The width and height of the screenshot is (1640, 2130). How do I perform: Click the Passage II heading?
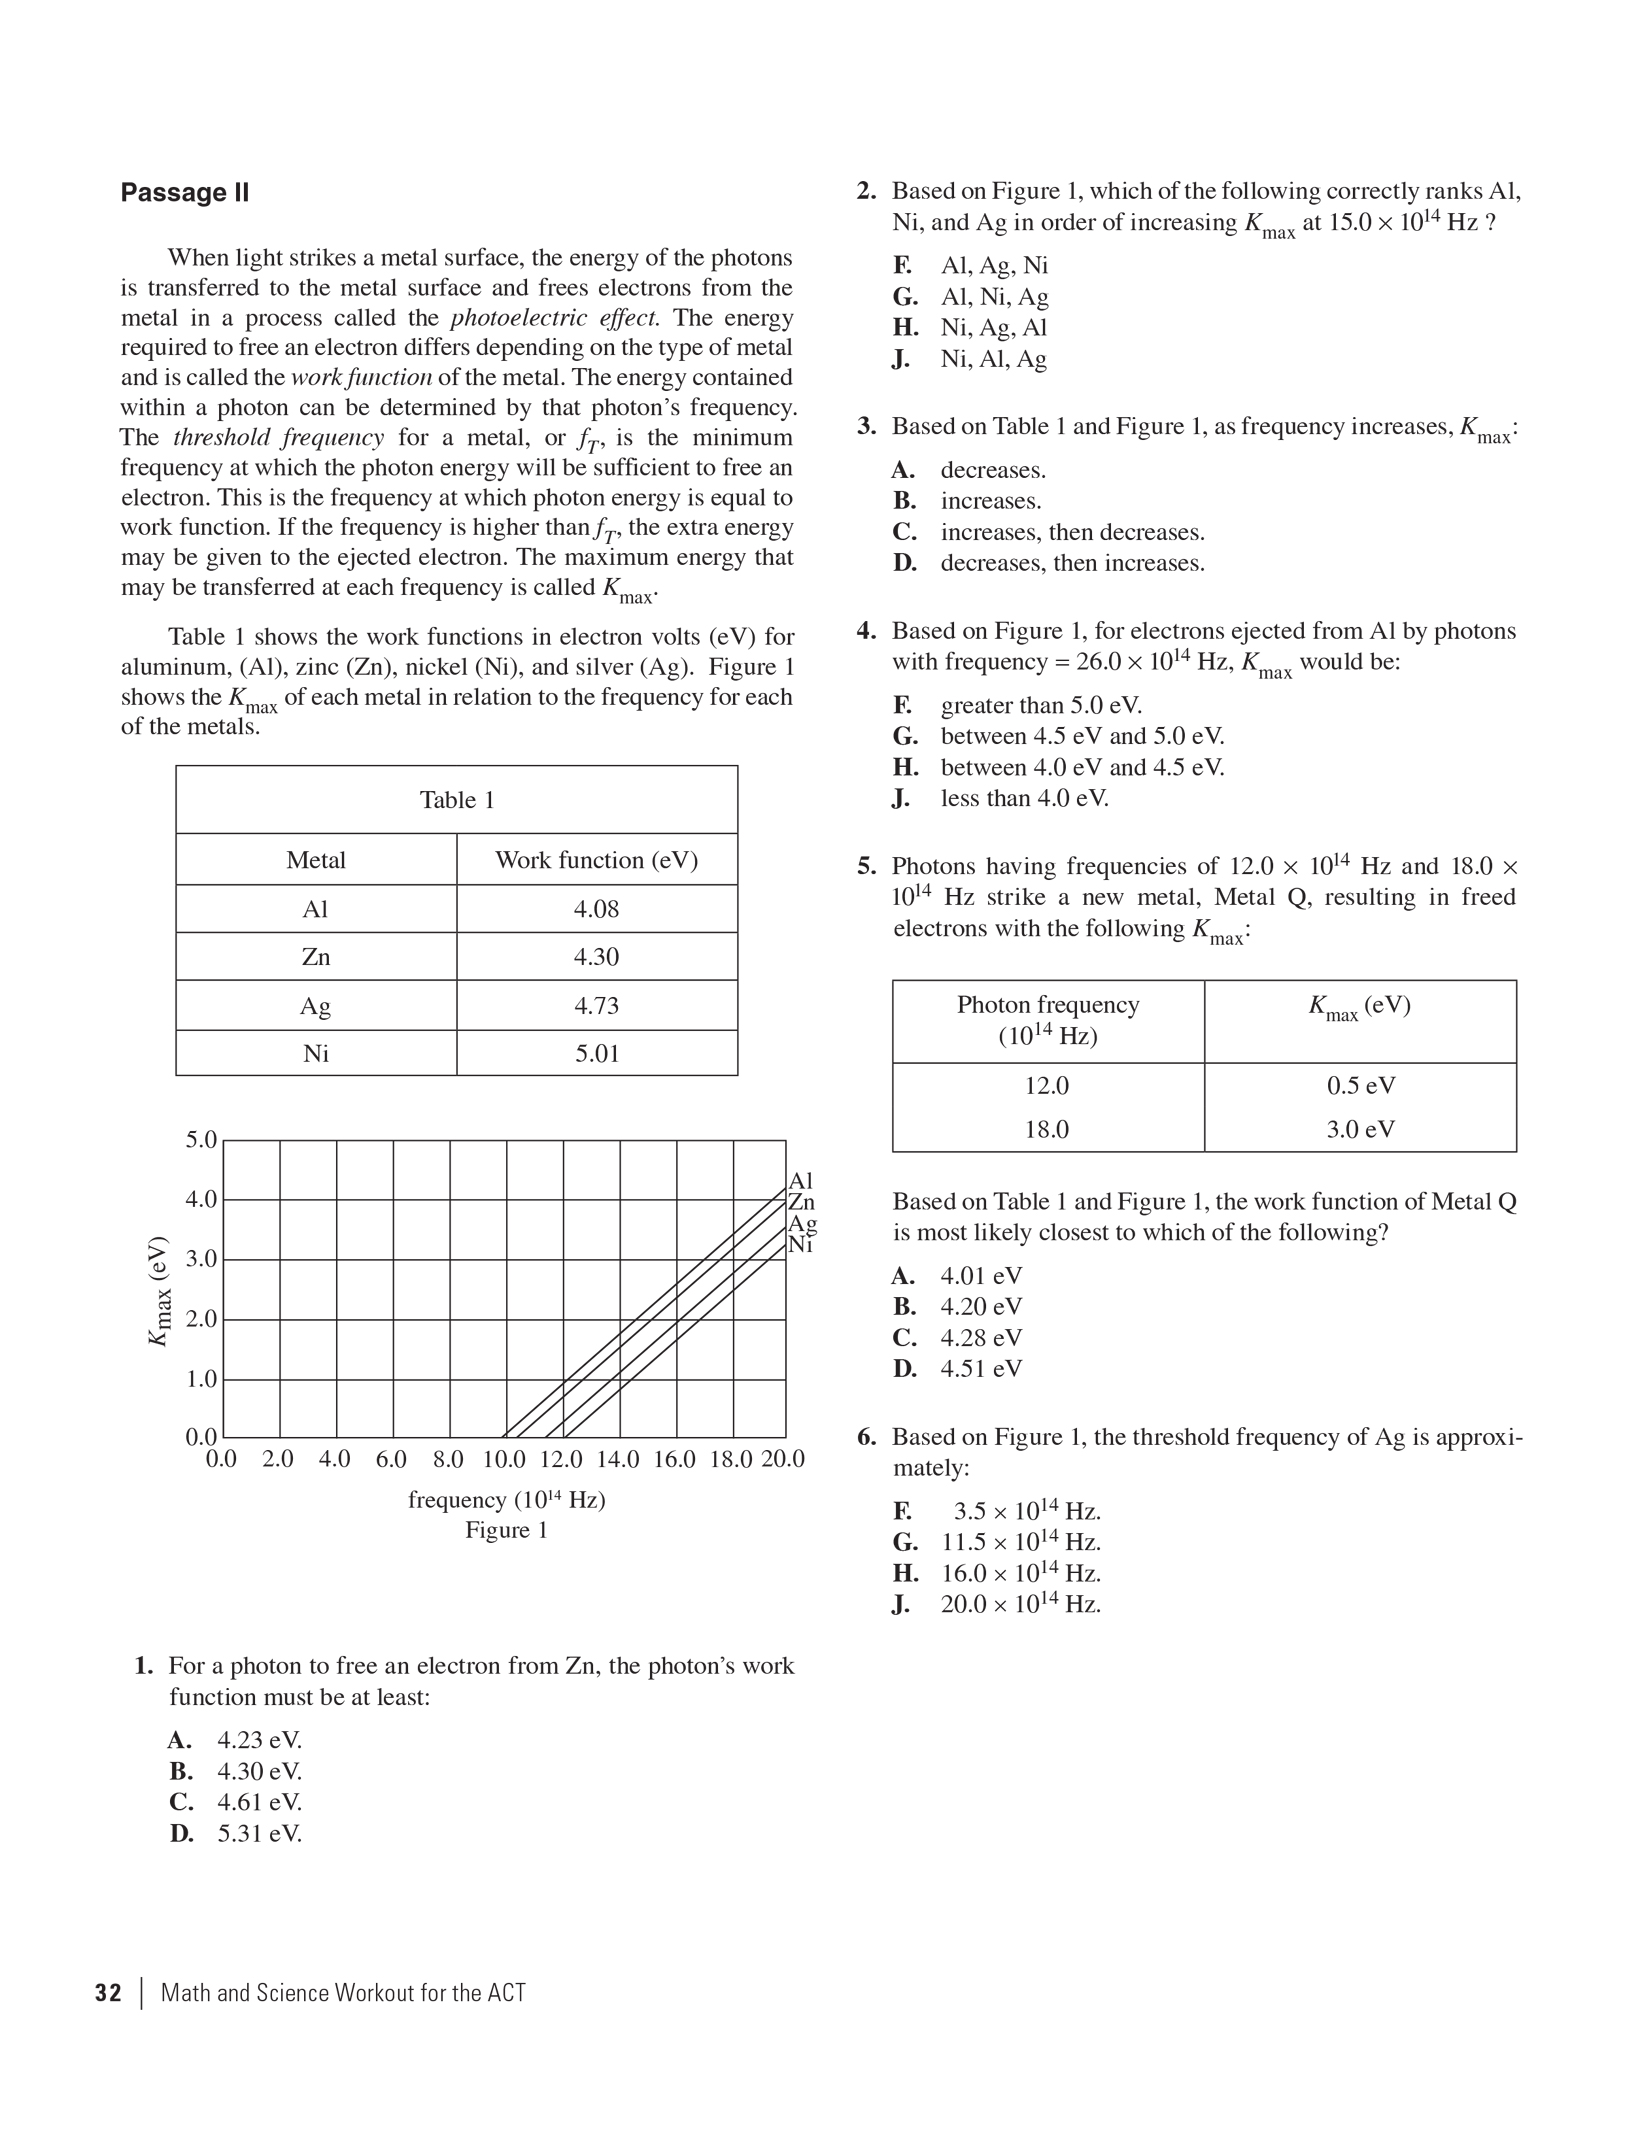coord(185,193)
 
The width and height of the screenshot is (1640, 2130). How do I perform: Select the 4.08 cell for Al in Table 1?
coord(596,909)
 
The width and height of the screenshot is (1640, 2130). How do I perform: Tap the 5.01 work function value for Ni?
coord(596,1053)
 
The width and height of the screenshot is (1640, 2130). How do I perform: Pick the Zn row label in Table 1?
coord(316,957)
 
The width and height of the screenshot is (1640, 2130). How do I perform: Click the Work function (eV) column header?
coord(596,860)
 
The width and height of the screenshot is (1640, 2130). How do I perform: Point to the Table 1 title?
coord(457,800)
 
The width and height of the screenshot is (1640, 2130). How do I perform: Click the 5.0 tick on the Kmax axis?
coord(201,1140)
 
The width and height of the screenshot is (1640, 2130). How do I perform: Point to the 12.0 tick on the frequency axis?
coord(561,1459)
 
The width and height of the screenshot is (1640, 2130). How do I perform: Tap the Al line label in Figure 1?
coord(801,1181)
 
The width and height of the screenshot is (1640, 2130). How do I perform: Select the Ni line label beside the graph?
coord(801,1245)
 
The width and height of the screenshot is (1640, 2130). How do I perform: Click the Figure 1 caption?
coord(506,1530)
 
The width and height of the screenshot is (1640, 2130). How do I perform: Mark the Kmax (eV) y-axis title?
coord(159,1291)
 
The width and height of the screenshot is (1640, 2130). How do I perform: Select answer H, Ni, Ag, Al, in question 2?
coord(993,328)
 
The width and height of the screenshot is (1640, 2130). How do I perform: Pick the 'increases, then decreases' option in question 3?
coord(1072,532)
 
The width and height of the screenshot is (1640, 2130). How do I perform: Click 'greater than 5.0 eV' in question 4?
coord(1041,705)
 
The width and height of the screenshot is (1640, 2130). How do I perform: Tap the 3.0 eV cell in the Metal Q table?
coord(1360,1129)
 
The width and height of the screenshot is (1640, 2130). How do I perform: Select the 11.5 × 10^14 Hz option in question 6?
coord(1020,1542)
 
